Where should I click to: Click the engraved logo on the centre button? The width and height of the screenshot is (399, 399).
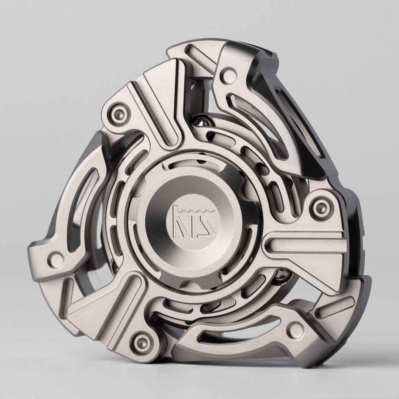point(190,220)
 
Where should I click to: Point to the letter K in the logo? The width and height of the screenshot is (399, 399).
point(180,223)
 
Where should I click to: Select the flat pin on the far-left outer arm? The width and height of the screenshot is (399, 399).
point(57,257)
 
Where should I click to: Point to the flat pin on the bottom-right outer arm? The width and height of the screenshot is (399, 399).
point(294,327)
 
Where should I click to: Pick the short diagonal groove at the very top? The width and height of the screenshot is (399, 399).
point(199,61)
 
